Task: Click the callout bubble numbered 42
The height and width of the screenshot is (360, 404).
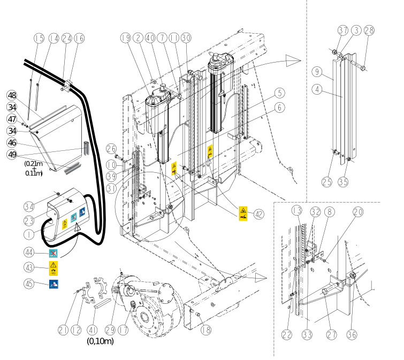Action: click(259, 214)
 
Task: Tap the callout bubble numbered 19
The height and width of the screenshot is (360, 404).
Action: click(126, 38)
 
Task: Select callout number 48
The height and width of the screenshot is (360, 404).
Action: click(12, 96)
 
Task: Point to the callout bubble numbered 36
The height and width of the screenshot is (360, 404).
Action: click(352, 335)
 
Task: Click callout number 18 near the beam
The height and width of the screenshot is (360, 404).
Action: click(206, 330)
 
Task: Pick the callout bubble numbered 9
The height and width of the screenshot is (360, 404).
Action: click(317, 72)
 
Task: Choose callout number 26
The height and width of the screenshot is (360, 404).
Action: click(111, 149)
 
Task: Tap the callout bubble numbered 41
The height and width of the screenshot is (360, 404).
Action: click(92, 330)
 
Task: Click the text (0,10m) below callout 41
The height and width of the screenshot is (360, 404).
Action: click(100, 341)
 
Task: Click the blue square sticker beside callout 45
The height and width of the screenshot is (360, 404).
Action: click(54, 284)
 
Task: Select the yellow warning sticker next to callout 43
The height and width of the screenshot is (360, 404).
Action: click(54, 269)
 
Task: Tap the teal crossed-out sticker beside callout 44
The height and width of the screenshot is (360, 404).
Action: click(53, 253)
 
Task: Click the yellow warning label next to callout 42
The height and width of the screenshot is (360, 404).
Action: click(243, 214)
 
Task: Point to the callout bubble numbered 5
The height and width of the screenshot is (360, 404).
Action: click(280, 93)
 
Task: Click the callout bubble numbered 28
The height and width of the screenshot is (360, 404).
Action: click(369, 30)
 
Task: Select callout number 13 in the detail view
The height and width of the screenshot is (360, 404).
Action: click(297, 211)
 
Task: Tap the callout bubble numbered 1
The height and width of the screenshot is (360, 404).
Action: click(29, 234)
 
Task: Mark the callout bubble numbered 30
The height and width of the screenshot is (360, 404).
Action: click(186, 38)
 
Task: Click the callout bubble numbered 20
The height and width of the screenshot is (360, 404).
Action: click(358, 212)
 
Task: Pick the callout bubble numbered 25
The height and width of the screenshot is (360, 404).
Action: click(327, 182)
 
